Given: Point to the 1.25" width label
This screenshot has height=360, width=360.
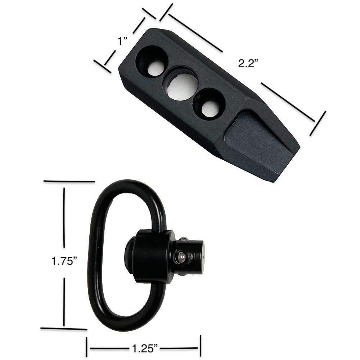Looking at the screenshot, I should pyautogui.click(x=144, y=348).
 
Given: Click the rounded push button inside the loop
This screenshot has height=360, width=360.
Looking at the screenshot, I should pyautogui.click(x=129, y=254).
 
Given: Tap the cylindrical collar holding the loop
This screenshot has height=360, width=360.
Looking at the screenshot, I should pyautogui.click(x=151, y=256).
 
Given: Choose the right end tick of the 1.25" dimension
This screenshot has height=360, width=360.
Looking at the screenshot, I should pyautogui.click(x=200, y=346).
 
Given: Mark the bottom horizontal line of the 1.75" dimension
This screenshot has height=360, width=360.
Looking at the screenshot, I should pyautogui.click(x=64, y=328).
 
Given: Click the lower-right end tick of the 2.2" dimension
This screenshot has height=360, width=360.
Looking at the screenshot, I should pyautogui.click(x=318, y=123).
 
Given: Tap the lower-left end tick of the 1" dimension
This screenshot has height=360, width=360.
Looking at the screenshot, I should pyautogui.click(x=102, y=66).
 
